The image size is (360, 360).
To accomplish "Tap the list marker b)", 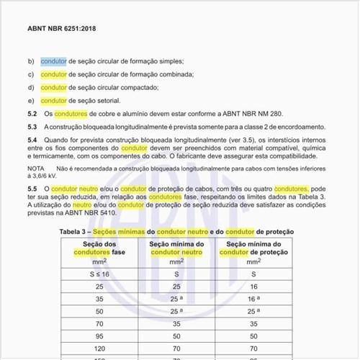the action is pyautogui.click(x=31, y=62).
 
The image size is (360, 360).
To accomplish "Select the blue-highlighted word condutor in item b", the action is pyautogui.click(x=53, y=62).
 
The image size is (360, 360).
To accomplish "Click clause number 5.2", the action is pyautogui.click(x=32, y=114).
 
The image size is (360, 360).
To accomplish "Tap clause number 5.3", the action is pyautogui.click(x=32, y=127).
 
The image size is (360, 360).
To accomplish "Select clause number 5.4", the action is pyautogui.click(x=32, y=140).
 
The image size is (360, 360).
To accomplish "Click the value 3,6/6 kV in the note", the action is pyautogui.click(x=43, y=175).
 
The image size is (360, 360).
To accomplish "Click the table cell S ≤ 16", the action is pyautogui.click(x=99, y=274).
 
